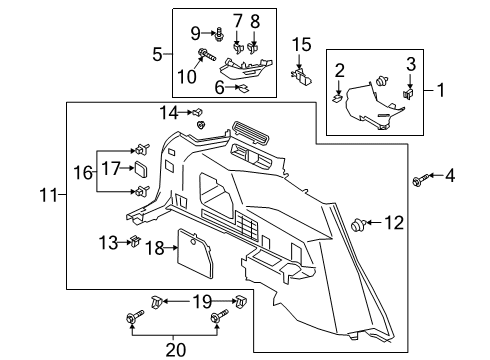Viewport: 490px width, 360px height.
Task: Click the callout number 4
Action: [x=449, y=177]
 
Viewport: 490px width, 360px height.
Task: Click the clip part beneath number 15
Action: [x=299, y=72]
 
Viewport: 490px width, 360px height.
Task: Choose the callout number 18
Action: [x=154, y=247]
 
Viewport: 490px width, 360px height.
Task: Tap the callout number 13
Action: [x=107, y=241]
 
